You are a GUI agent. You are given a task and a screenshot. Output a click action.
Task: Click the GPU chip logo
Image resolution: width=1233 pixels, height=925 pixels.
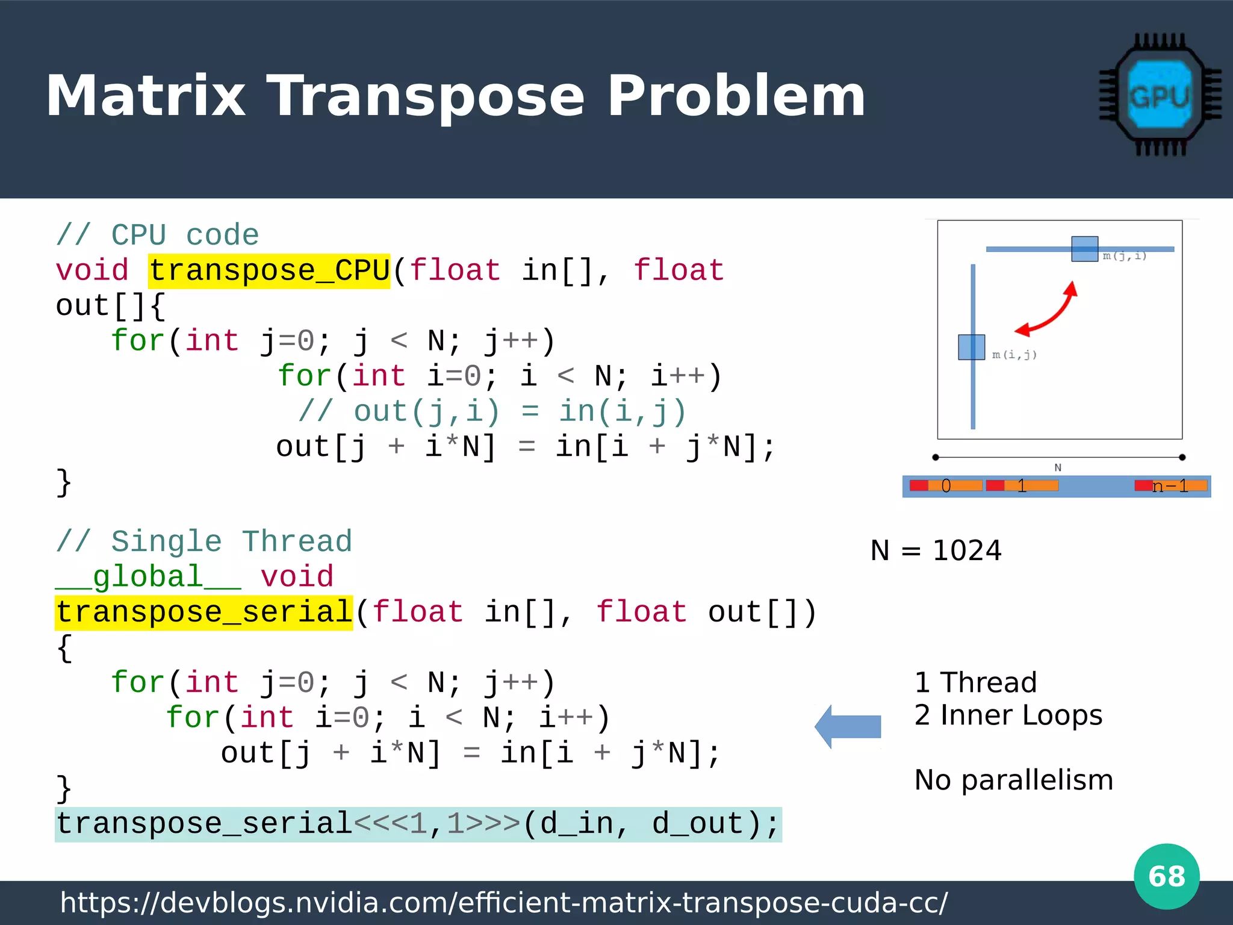pyautogui.click(x=1160, y=95)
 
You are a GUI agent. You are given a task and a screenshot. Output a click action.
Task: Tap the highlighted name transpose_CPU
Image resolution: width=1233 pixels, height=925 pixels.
pyautogui.click(x=269, y=270)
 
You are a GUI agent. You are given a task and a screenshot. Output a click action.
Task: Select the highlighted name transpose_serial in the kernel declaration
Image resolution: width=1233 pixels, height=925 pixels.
pyautogui.click(x=203, y=612)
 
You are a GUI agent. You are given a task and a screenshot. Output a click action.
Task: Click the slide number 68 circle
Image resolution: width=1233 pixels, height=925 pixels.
pyautogui.click(x=1166, y=876)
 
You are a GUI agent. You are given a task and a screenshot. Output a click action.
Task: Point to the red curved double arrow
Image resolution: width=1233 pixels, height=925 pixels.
pyautogui.click(x=1048, y=310)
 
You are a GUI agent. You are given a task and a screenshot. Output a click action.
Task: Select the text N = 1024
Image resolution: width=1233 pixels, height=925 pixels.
pyautogui.click(x=936, y=550)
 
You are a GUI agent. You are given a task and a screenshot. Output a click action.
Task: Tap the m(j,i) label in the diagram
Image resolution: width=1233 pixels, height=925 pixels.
pyautogui.click(x=1124, y=257)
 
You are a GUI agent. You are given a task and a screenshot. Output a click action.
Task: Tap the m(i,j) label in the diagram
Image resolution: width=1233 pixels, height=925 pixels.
pyautogui.click(x=1014, y=355)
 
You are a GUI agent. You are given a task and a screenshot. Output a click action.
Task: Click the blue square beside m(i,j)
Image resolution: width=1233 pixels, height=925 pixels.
pyautogui.click(x=971, y=347)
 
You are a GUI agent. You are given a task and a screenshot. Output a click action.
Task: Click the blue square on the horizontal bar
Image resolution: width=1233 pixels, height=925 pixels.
pyautogui.click(x=1084, y=249)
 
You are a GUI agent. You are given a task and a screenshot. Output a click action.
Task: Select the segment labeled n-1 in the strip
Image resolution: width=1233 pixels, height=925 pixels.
pyautogui.click(x=1170, y=486)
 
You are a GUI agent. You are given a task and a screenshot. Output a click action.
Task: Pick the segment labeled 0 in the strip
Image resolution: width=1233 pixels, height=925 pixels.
pyautogui.click(x=946, y=486)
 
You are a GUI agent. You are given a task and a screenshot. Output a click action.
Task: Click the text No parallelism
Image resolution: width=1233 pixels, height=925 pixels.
pyautogui.click(x=1013, y=780)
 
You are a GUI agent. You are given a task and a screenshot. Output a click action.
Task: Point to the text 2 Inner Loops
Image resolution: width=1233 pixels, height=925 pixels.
pyautogui.click(x=1008, y=715)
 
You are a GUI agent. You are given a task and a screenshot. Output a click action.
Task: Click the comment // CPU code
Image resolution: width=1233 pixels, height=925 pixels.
pyautogui.click(x=157, y=235)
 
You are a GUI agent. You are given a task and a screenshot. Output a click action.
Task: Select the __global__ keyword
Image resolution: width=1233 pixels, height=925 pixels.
pyautogui.click(x=148, y=577)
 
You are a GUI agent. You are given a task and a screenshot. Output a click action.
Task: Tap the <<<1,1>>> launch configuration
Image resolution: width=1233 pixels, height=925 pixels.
pyautogui.click(x=437, y=824)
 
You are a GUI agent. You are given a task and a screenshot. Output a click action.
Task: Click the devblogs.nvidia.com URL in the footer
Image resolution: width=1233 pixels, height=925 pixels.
pyautogui.click(x=504, y=903)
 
